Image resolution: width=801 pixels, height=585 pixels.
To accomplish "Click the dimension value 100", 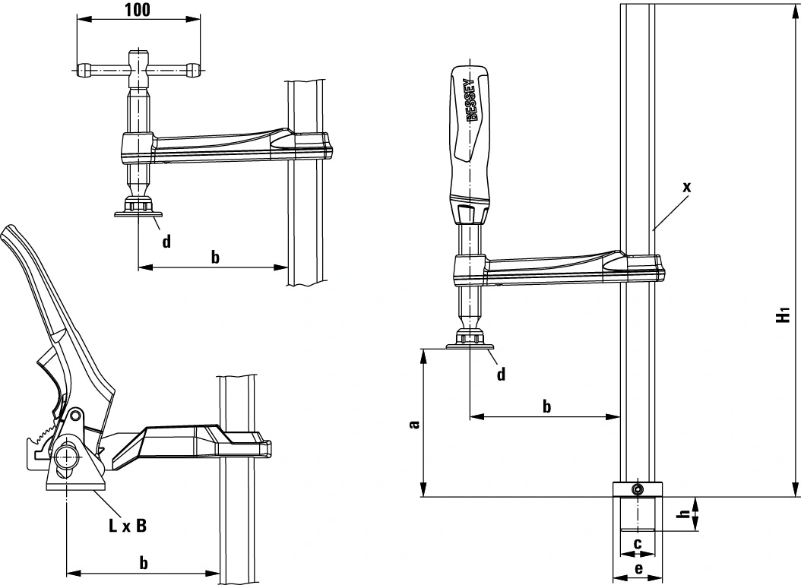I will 138,10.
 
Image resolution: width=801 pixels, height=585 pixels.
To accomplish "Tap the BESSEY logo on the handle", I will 470,100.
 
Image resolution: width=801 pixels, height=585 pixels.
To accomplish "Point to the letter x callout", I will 687,186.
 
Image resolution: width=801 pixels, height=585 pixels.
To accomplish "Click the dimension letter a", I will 414,424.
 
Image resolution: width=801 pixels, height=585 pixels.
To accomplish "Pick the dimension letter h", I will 684,515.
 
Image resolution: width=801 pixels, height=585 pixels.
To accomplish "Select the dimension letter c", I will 638,543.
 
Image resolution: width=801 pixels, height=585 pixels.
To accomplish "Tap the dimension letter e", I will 638,569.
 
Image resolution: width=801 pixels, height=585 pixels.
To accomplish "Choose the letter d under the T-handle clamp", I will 166,242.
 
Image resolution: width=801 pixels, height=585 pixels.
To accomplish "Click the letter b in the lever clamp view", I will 144,562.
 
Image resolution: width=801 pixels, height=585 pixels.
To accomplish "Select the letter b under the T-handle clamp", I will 215,257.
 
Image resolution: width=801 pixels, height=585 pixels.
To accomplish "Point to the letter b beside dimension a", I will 546,406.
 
